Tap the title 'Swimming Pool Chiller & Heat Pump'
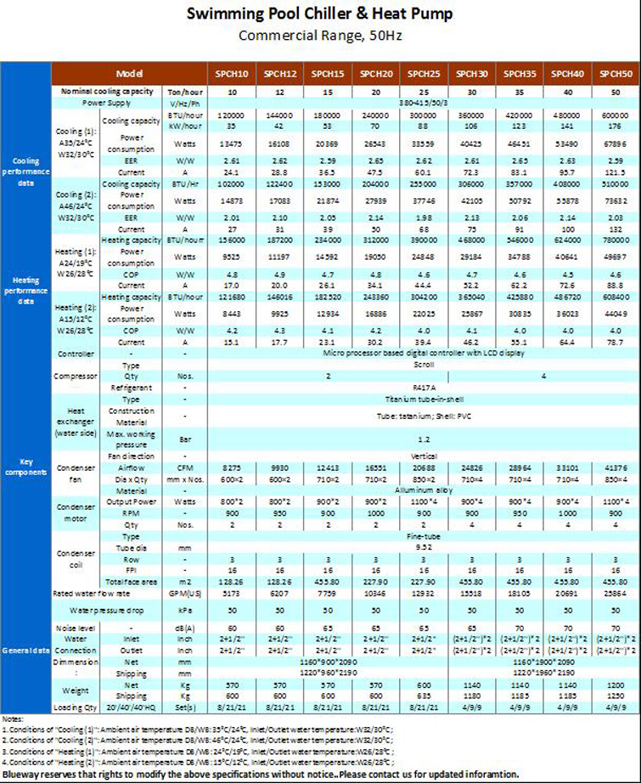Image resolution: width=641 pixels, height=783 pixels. point(320,14)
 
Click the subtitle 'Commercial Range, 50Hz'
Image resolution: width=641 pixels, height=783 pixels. point(320,36)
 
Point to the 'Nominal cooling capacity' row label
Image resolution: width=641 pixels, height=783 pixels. point(107,90)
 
